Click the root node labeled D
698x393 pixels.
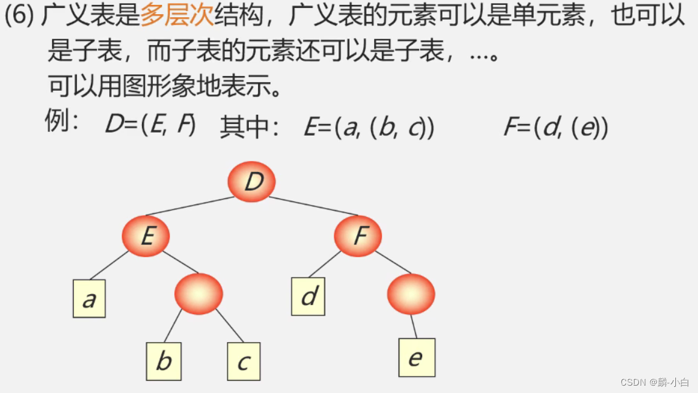[251, 182]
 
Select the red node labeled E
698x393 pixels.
[146, 236]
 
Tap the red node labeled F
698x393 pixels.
[358, 236]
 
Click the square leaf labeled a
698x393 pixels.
[89, 299]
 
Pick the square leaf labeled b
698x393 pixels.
[163, 361]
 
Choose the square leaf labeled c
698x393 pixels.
[244, 361]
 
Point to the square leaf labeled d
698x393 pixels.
[308, 297]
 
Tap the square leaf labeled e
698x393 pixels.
[417, 357]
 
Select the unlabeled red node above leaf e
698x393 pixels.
[411, 294]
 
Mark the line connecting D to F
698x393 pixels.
[313, 206]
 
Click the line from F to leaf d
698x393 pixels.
[324, 264]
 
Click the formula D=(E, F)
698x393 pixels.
[151, 125]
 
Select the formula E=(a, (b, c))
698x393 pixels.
[369, 127]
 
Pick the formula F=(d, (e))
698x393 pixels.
[555, 127]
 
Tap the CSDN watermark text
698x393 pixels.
[655, 382]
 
